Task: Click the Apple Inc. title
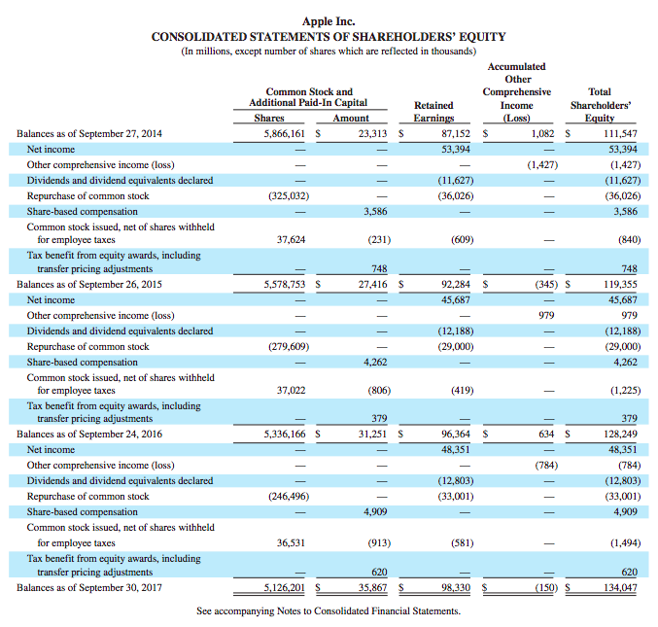point(329,19)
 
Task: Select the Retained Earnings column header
point(433,111)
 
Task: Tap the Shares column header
point(268,119)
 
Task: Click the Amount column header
point(351,119)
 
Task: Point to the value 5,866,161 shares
point(287,133)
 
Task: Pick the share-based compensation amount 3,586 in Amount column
point(374,210)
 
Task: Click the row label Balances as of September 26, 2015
point(89,285)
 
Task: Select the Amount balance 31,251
point(372,435)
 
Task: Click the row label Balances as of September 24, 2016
point(89,435)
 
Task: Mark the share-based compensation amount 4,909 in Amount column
point(374,511)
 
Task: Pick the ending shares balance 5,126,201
point(287,587)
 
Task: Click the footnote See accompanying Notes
point(329,611)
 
